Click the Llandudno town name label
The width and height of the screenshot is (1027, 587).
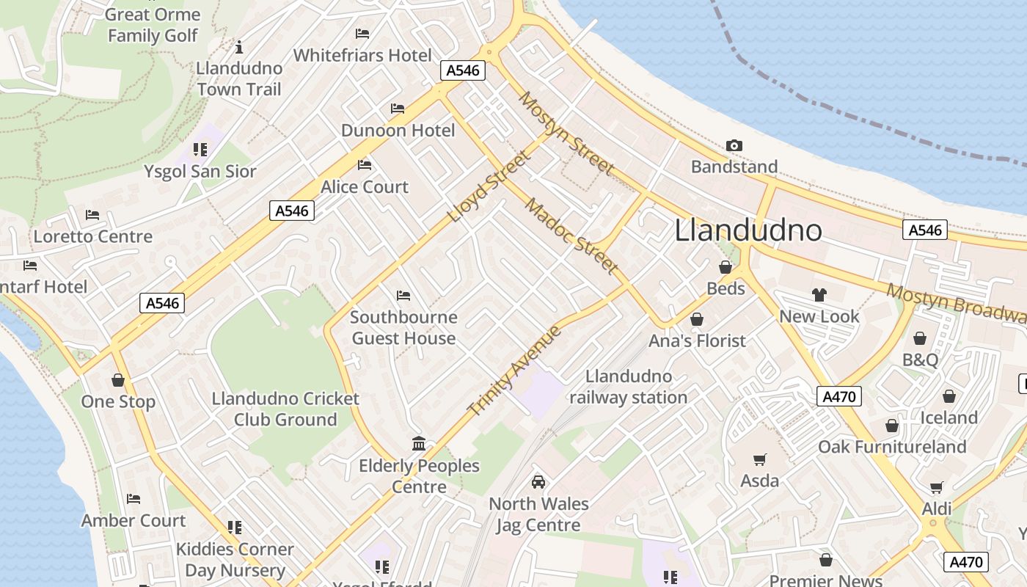pyautogui.click(x=748, y=230)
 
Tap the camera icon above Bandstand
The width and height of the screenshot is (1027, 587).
pyautogui.click(x=734, y=146)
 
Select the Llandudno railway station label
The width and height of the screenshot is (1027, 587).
pyautogui.click(x=629, y=387)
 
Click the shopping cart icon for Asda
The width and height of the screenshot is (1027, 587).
pyautogui.click(x=760, y=460)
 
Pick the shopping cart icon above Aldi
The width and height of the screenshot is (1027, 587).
pyautogui.click(x=937, y=488)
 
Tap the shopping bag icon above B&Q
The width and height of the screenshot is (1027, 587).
pyautogui.click(x=920, y=338)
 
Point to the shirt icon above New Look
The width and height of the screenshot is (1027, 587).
pyautogui.click(x=819, y=295)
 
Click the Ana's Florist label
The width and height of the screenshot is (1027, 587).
pyautogui.click(x=697, y=340)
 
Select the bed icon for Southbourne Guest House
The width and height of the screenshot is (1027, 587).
pyautogui.click(x=403, y=296)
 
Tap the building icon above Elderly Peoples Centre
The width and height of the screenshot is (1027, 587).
pyautogui.click(x=419, y=443)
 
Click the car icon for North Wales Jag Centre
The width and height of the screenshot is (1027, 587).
pyautogui.click(x=538, y=482)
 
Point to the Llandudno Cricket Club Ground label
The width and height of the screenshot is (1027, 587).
pyautogui.click(x=285, y=409)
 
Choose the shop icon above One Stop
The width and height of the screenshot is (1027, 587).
pyautogui.click(x=118, y=380)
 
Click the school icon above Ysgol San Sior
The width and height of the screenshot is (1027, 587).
pyautogui.click(x=200, y=150)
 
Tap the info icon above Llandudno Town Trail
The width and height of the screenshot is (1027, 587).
pyautogui.click(x=238, y=48)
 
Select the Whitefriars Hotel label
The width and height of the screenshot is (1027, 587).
pyautogui.click(x=362, y=55)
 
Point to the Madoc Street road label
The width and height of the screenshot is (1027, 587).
pyautogui.click(x=571, y=236)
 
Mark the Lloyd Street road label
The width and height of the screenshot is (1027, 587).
pyautogui.click(x=489, y=187)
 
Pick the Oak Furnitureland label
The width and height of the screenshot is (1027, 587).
pyautogui.click(x=892, y=446)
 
